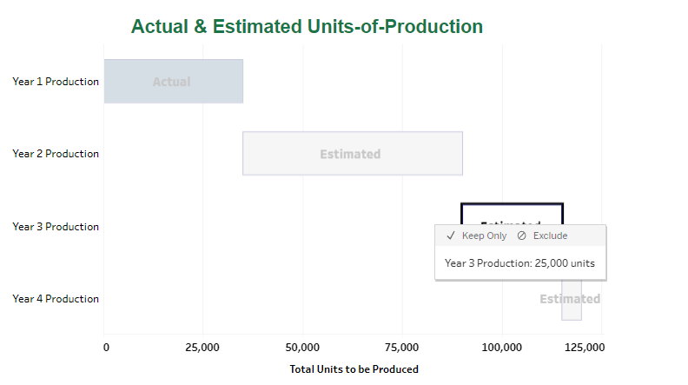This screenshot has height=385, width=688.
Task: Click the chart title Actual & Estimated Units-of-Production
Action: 307,26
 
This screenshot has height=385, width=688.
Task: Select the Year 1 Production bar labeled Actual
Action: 173,82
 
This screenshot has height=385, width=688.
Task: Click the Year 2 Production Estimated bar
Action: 352,154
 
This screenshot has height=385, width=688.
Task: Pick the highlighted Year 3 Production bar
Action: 512,214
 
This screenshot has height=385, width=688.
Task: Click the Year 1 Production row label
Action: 56,82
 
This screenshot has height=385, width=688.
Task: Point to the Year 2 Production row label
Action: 56,154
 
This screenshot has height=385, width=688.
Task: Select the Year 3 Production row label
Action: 56,227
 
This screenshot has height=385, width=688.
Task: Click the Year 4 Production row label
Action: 56,299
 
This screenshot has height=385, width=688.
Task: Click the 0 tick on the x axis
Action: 106,348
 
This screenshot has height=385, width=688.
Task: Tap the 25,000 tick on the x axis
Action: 203,348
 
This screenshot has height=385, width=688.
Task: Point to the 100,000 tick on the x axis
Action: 502,348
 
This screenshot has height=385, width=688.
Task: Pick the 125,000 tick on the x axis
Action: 584,348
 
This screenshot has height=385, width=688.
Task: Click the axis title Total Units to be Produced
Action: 354,369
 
